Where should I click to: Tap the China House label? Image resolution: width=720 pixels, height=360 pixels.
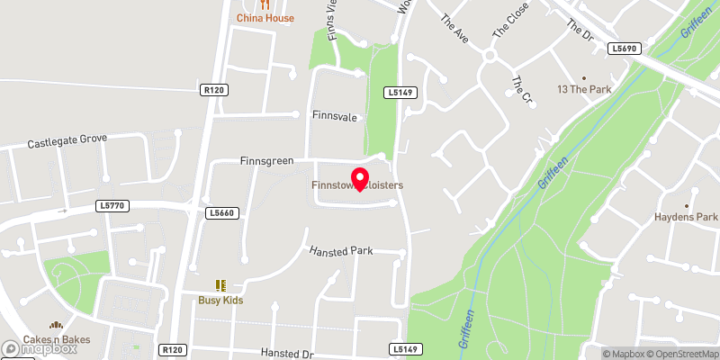265,18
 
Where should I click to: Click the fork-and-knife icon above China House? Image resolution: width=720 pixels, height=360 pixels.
265,4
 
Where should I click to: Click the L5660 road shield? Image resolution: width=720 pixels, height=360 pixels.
221,212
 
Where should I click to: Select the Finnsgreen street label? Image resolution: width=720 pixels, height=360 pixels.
267,161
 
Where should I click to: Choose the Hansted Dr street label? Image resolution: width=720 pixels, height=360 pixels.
285,353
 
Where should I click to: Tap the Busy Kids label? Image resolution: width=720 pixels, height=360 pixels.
221,301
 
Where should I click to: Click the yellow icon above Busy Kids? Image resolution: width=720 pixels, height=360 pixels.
220,285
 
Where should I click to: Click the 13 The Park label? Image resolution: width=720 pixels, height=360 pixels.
584,89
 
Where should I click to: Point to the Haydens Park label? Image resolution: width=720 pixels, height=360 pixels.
686,217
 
